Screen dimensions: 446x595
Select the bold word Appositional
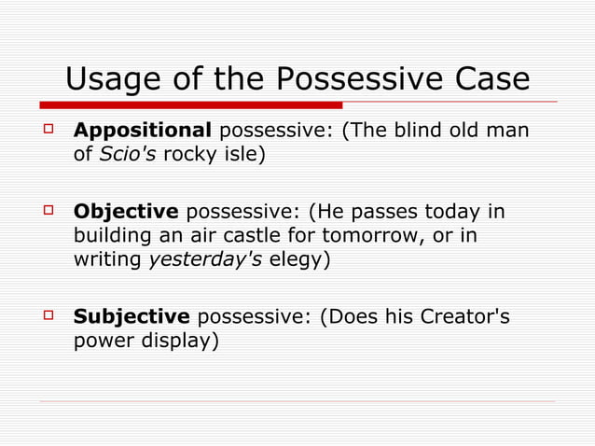coord(143,130)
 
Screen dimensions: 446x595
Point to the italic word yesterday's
coord(205,260)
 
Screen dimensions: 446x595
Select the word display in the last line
coord(176,341)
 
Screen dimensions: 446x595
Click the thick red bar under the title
coord(190,105)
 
